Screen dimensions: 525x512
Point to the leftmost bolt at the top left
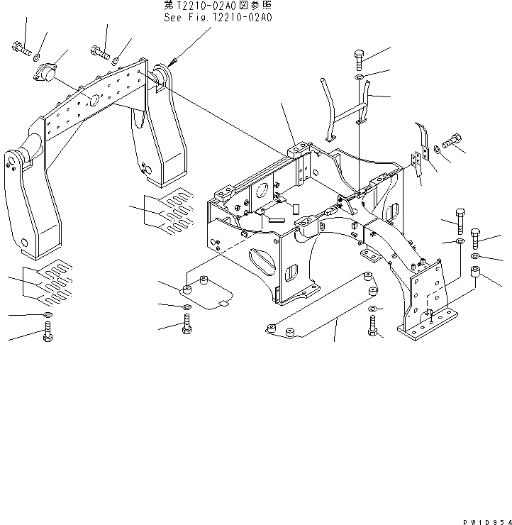20,48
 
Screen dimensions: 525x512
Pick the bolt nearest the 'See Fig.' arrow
99,50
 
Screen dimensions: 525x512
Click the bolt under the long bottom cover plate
373,326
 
